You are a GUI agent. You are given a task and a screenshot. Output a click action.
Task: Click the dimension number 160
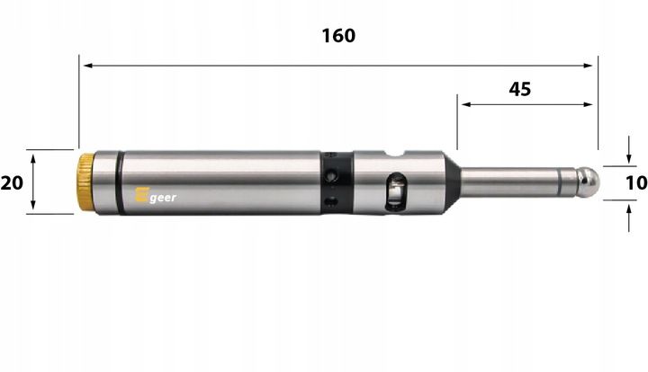pos(338,36)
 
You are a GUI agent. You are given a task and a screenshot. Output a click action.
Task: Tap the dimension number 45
pos(520,89)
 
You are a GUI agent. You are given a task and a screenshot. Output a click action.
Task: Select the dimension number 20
pos(12,182)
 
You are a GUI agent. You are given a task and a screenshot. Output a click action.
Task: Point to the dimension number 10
pos(636,183)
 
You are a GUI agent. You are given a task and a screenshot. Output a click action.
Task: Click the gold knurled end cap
pos(86,182)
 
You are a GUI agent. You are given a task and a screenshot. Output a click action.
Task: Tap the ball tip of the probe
pos(588,182)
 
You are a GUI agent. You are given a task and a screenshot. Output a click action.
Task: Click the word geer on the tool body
pos(163,199)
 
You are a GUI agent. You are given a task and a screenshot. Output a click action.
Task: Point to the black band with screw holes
pos(336,182)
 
